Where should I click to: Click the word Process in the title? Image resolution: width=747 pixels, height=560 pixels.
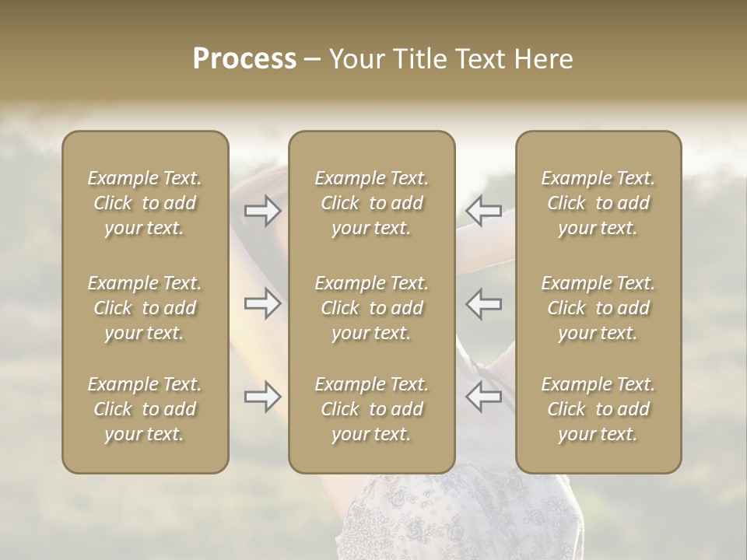point(244,59)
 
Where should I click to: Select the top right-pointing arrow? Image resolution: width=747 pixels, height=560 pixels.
point(262,211)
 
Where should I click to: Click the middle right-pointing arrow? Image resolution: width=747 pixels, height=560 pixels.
point(262,303)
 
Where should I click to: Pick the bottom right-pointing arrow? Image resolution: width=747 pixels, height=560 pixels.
point(262,397)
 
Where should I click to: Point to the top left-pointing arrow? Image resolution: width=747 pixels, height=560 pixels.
point(483,211)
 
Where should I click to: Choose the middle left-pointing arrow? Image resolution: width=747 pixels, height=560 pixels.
point(483,303)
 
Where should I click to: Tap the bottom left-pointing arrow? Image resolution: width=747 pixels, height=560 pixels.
point(483,397)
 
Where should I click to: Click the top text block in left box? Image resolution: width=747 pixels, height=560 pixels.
point(145,203)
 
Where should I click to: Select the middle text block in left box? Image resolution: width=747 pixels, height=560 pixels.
point(145,308)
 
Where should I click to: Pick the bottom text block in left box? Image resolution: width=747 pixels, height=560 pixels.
point(145,409)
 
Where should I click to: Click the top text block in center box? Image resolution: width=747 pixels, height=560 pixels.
point(372,203)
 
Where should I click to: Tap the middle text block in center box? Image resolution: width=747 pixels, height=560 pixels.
point(372,308)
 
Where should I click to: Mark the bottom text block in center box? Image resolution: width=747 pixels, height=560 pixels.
point(372,409)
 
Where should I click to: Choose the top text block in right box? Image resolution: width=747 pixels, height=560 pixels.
point(598,203)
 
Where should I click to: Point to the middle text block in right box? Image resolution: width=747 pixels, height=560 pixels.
point(598,308)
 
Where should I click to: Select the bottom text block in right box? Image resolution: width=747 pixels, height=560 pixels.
point(598,409)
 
